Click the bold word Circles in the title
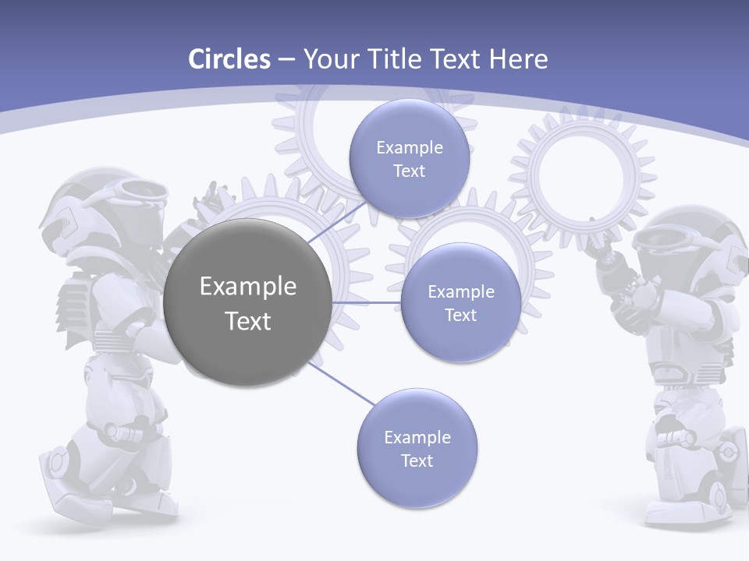229,59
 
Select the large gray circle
247,303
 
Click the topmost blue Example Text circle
409,159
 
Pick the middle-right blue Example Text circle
460,303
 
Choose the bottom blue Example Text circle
417,449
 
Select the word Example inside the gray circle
247,287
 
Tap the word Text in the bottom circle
417,460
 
